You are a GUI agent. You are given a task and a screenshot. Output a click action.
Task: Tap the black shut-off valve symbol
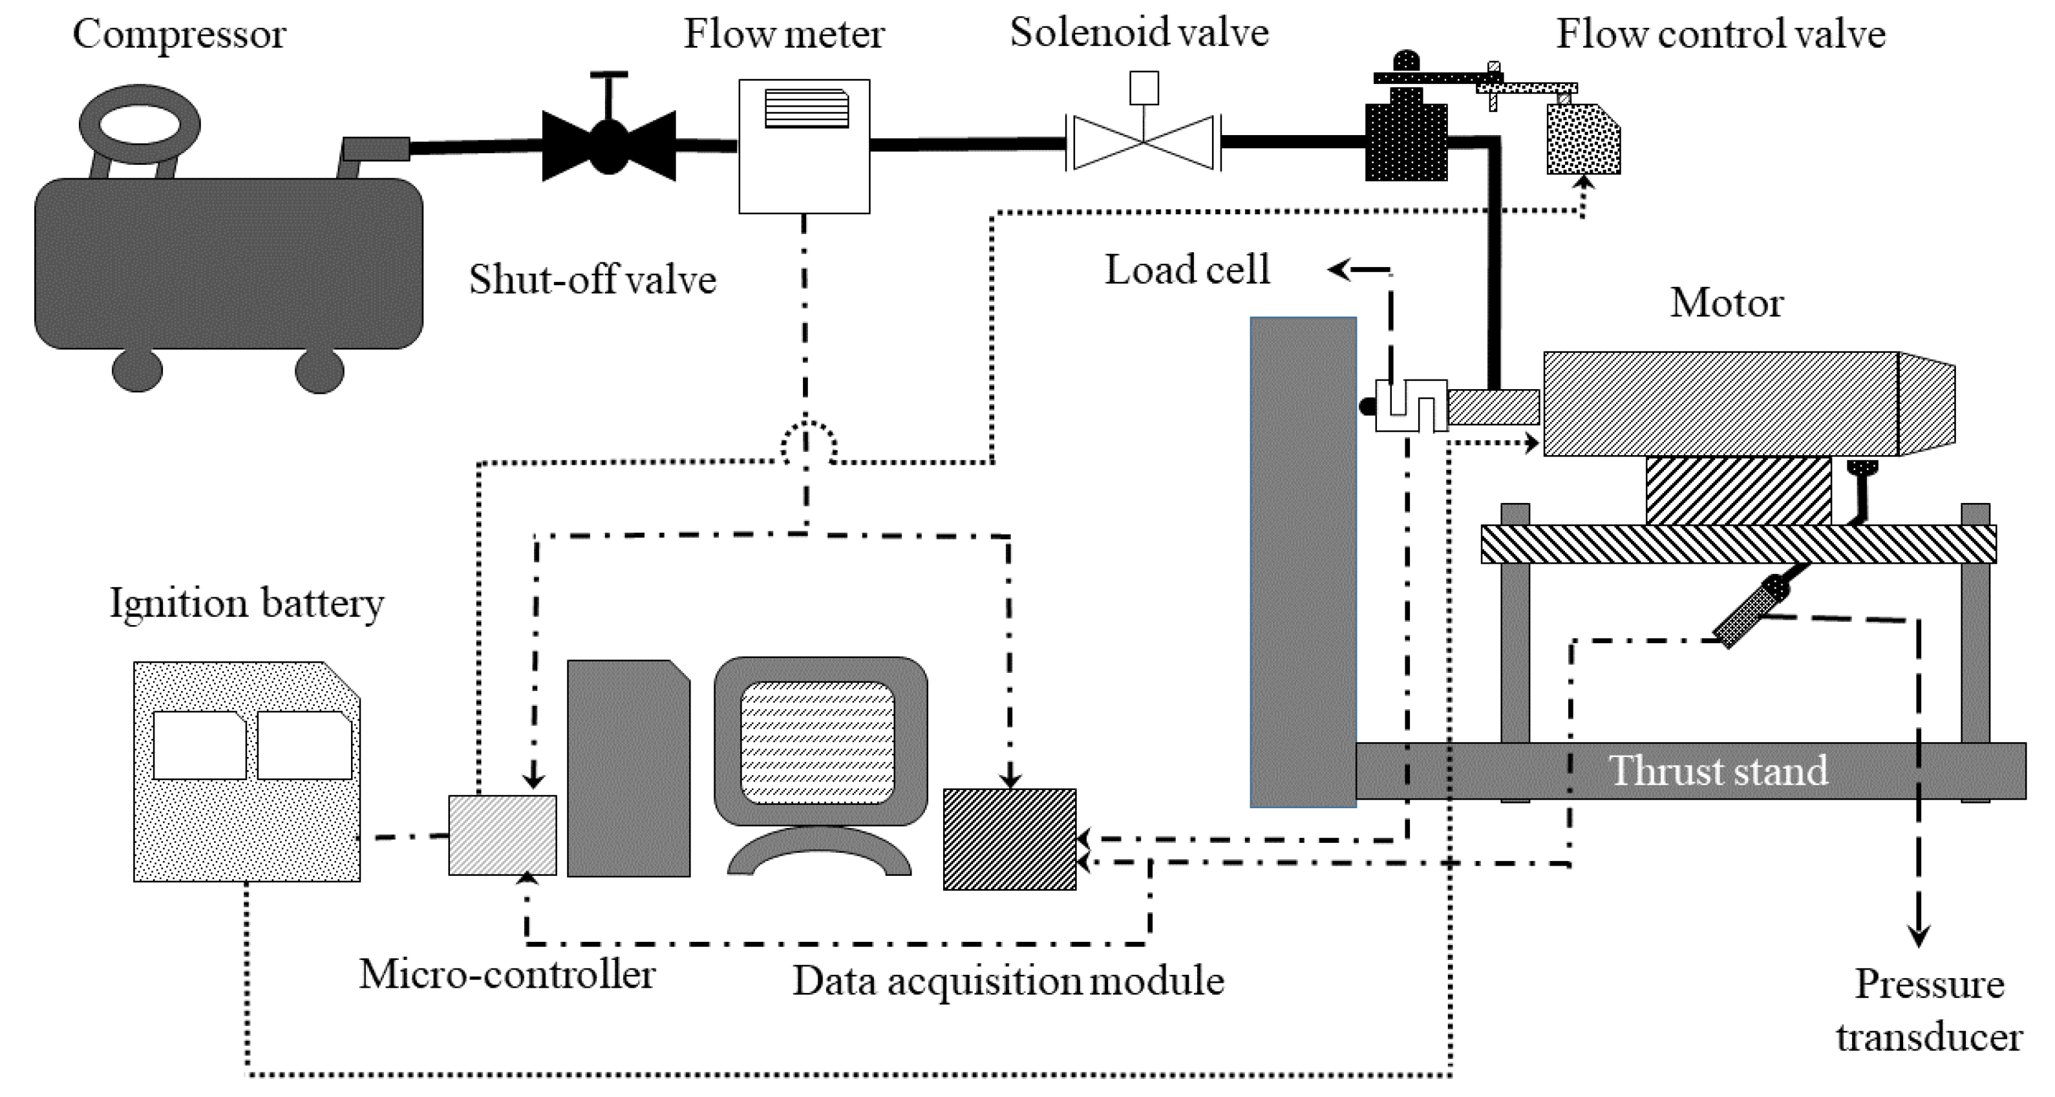609,146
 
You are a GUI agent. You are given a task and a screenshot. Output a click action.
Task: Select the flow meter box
804,160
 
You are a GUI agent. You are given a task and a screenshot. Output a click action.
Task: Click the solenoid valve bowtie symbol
1143,143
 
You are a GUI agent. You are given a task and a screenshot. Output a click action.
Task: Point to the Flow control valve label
1720,34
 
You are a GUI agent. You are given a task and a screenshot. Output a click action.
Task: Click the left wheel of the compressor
137,370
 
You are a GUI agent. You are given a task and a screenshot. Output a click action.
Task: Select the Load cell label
1186,270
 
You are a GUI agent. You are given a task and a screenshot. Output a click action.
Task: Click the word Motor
1727,303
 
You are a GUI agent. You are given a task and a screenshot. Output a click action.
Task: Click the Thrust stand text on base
1718,771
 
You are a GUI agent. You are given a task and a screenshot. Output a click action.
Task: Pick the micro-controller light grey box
502,835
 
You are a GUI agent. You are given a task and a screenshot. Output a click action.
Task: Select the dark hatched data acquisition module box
1009,839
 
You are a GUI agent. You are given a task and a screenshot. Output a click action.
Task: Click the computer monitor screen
818,742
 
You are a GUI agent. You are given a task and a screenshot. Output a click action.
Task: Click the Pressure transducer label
1929,1010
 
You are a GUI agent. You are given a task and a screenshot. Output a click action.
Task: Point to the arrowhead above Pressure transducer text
1918,935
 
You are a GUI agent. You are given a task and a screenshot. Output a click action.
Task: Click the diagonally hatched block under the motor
1738,491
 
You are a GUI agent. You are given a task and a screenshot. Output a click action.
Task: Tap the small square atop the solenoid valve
1144,88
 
